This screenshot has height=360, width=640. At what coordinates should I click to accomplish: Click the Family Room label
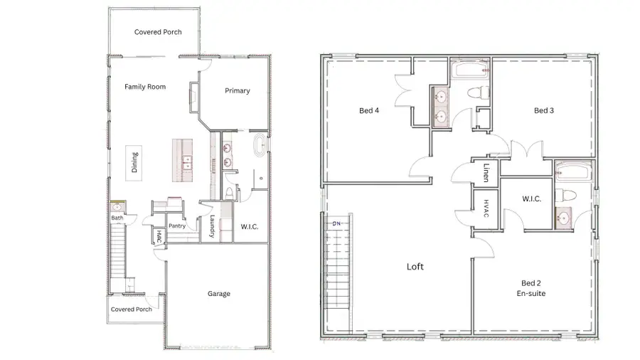point(145,87)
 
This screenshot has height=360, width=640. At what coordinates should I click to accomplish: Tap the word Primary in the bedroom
point(238,90)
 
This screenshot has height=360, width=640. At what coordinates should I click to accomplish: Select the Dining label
point(135,162)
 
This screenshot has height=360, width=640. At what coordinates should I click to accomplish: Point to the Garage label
point(219,293)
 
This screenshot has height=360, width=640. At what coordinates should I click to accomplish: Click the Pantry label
point(177,226)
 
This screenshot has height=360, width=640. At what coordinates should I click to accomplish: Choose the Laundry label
point(213,228)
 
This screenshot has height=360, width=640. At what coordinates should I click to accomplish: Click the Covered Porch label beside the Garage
point(132,309)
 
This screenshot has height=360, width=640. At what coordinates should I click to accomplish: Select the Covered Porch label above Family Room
point(158,32)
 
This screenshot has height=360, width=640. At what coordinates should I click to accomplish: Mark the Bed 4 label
point(368,110)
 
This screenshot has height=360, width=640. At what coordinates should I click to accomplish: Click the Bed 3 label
point(544,110)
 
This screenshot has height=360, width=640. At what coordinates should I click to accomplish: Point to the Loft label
point(415,267)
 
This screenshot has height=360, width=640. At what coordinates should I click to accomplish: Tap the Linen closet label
point(486,173)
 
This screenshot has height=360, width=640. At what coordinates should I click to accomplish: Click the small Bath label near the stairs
point(117,218)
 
